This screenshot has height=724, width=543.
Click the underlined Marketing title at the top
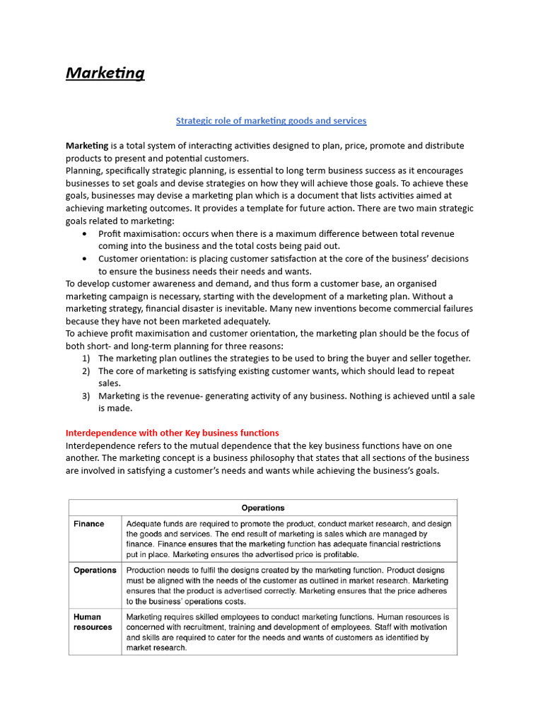pyautogui.click(x=105, y=73)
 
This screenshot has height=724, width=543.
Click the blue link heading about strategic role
pyautogui.click(x=271, y=121)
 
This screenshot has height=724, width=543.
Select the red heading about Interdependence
pyautogui.click(x=172, y=433)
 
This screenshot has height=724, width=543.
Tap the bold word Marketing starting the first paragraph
pyautogui.click(x=87, y=146)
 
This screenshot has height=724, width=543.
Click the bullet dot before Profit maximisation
pyautogui.click(x=86, y=234)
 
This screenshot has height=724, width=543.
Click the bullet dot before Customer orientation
pyautogui.click(x=86, y=259)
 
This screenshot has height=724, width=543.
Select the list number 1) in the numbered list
pyautogui.click(x=86, y=358)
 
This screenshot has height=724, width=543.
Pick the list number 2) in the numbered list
pyautogui.click(x=86, y=371)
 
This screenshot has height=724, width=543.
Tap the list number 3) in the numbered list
pyautogui.click(x=86, y=396)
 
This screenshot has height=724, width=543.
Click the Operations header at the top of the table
pyautogui.click(x=263, y=508)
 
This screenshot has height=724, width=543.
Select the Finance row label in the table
pyautogui.click(x=89, y=524)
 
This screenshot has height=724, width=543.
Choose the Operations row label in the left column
pyautogui.click(x=95, y=571)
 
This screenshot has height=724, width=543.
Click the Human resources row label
pyautogui.click(x=93, y=622)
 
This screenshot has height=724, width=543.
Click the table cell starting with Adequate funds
pyautogui.click(x=288, y=539)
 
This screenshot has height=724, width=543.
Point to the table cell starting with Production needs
pyautogui.click(x=288, y=585)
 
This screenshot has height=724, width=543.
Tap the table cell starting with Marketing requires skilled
pyautogui.click(x=288, y=632)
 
